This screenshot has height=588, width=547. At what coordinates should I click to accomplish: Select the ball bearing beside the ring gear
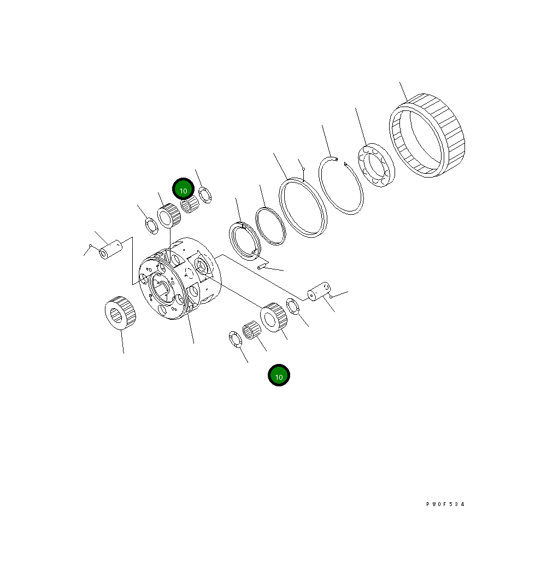[377, 165]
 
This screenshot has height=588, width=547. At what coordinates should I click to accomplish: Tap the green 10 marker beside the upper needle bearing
[184, 190]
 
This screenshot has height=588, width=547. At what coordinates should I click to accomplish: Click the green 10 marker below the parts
[279, 376]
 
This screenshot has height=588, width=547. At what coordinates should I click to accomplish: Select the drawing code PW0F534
[445, 504]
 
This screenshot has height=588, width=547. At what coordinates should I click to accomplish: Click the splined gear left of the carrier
[121, 313]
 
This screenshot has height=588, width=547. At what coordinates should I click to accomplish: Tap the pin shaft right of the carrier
[318, 290]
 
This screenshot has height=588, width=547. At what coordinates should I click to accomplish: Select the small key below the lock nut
[262, 266]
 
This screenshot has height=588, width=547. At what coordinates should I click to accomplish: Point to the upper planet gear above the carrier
[169, 215]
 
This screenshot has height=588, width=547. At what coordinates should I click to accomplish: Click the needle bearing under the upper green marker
[189, 205]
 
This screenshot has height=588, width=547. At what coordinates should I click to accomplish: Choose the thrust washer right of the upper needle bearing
[205, 195]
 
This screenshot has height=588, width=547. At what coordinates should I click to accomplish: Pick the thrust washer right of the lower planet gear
[293, 307]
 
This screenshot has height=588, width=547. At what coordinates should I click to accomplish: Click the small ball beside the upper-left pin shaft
[90, 246]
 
